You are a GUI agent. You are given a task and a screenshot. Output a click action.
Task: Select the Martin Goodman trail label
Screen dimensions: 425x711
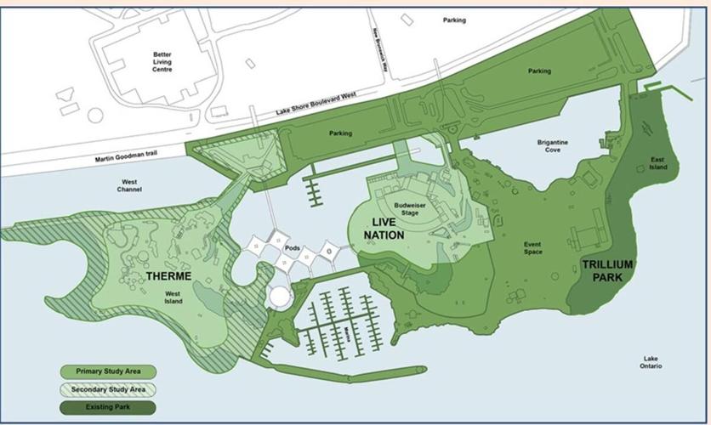(x=128, y=157)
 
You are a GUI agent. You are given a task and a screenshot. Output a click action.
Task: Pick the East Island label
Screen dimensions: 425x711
(x=658, y=163)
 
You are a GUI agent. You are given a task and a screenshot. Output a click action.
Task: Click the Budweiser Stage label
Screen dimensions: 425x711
(x=411, y=207)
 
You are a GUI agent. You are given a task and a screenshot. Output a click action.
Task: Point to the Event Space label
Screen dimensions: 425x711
(x=533, y=249)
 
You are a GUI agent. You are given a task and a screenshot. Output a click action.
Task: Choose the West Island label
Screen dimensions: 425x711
(x=173, y=297)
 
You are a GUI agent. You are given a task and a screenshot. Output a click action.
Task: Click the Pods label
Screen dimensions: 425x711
(x=292, y=247)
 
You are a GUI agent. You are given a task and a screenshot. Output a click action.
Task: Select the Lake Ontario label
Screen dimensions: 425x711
(x=652, y=362)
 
